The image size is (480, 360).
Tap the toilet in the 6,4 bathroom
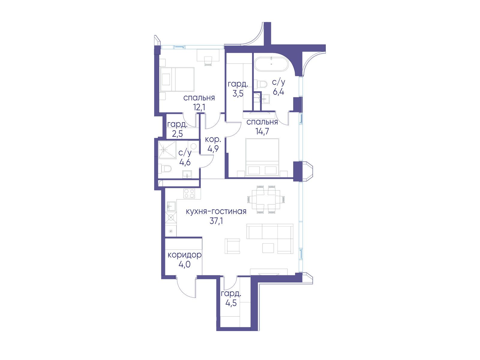point(260,84)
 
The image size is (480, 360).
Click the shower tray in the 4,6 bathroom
point(167,149)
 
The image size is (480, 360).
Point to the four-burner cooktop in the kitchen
point(189,193)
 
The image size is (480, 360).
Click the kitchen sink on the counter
point(171,206)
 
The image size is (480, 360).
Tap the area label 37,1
point(216,221)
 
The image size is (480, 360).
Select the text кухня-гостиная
point(216,211)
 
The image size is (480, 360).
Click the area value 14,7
point(262,131)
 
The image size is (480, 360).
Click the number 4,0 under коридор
point(184,265)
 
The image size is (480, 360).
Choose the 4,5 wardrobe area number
point(231,303)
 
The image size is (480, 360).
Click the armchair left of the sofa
point(232,246)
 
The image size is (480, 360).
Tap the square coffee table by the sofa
point(268,248)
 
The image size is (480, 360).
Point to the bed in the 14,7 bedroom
point(262,157)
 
